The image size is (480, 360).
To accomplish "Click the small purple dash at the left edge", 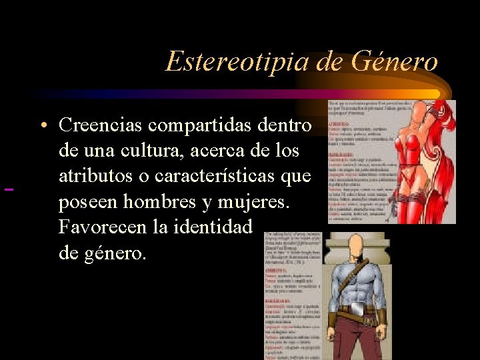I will click(x=9, y=191).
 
